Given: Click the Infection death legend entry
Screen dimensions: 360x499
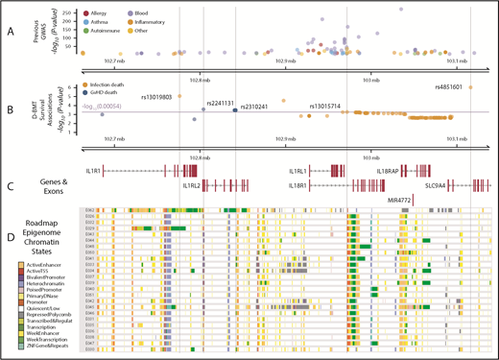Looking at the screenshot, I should tap(135, 84).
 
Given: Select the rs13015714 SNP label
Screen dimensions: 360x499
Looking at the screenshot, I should tap(323, 106).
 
